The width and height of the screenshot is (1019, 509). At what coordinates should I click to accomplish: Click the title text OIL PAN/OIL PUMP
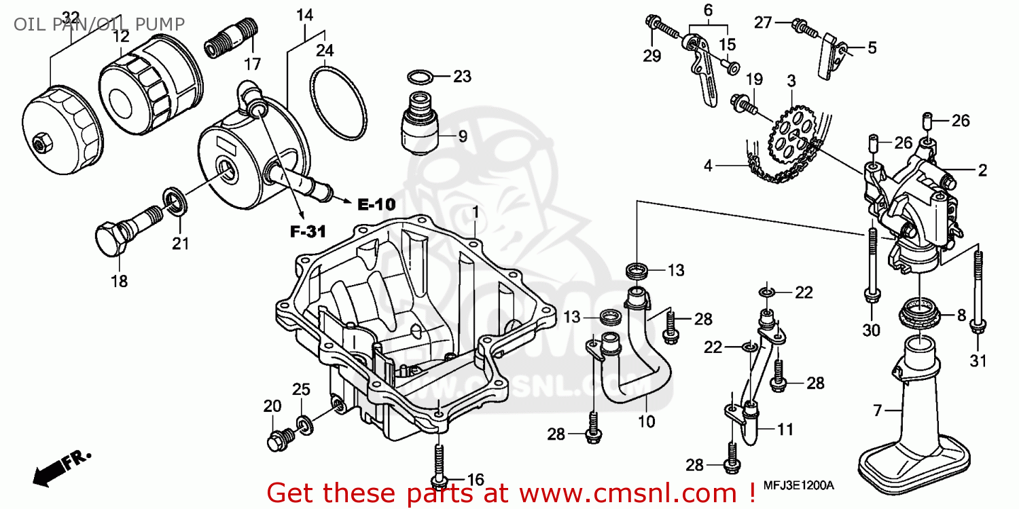pyautogui.click(x=99, y=25)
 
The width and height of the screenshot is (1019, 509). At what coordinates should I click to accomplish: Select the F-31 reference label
pyautogui.click(x=304, y=232)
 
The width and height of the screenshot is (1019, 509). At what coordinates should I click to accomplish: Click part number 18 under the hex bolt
pyautogui.click(x=119, y=280)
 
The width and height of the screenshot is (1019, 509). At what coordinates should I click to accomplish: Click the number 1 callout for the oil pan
pyautogui.click(x=475, y=212)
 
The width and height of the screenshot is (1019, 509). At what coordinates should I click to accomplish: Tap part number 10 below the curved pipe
pyautogui.click(x=647, y=421)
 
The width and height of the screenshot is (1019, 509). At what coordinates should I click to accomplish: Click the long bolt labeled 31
pyautogui.click(x=977, y=292)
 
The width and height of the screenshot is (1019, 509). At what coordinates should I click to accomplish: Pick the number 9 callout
pyautogui.click(x=462, y=136)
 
